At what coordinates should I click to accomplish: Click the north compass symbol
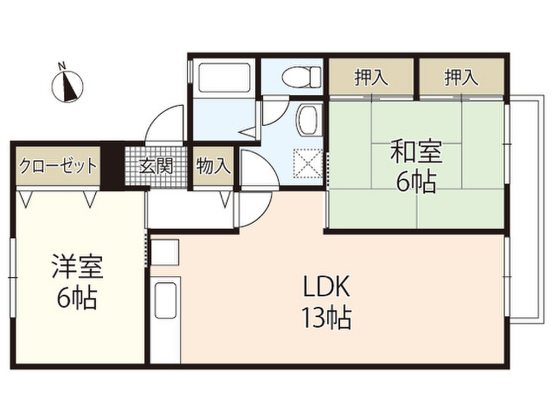(67, 85)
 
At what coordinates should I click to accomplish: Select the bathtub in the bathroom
(225, 78)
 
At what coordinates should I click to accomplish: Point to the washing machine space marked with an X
(308, 163)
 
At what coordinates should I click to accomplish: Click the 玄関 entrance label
(156, 166)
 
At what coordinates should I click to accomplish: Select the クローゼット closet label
(57, 166)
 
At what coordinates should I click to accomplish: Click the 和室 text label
(415, 152)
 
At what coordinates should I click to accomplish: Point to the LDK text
(327, 286)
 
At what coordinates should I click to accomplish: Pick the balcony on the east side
(525, 209)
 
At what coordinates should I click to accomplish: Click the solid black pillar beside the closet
(113, 166)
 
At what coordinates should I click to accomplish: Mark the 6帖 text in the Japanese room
(415, 182)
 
